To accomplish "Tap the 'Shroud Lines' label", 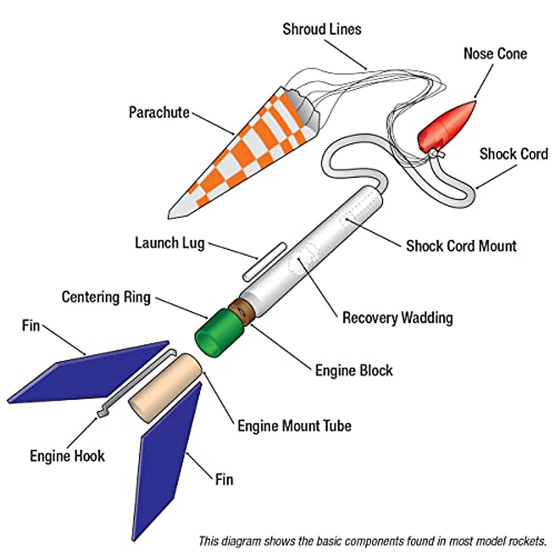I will point(322,29).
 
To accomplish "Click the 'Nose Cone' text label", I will point(495,54).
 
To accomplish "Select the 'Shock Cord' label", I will point(513,154).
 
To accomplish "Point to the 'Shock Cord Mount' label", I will point(461,246).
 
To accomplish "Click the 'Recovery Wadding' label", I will point(397,318).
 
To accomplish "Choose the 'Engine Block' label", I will point(354,370).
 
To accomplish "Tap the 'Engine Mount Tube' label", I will point(294,425).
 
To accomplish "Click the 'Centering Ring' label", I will point(106,297).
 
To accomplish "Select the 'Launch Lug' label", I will point(170,243).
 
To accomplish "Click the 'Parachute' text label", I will point(159,112).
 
